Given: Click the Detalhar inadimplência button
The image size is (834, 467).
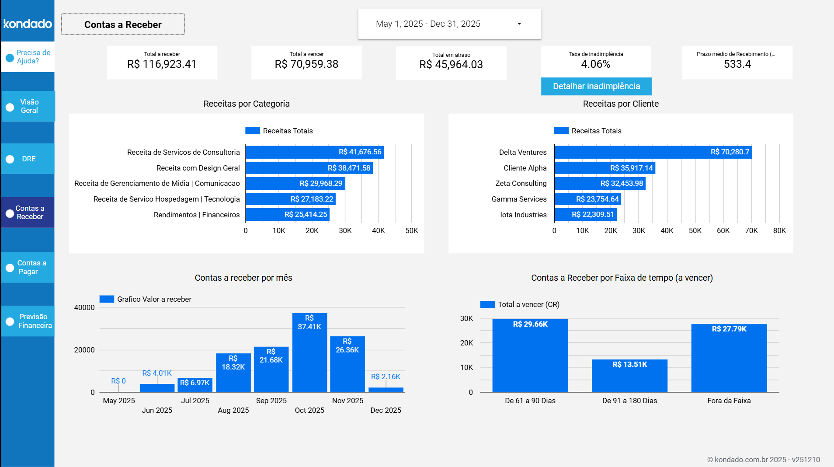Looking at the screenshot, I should (x=596, y=86).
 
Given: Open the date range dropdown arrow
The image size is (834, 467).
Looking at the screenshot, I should (x=519, y=24).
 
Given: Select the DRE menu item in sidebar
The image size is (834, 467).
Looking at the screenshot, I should (x=28, y=159).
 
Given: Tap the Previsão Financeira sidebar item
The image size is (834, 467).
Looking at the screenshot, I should (x=28, y=321).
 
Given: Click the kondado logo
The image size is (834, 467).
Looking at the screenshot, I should (x=28, y=24).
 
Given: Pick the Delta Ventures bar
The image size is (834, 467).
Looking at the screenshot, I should (x=653, y=152).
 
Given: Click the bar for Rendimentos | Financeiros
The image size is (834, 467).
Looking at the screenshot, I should (x=287, y=215).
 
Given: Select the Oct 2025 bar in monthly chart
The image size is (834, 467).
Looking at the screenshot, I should (x=309, y=352).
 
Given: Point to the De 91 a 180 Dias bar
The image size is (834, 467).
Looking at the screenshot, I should (x=629, y=376).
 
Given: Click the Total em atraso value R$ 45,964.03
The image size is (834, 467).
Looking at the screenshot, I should (x=451, y=65).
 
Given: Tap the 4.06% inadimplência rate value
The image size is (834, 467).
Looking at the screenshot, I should (x=596, y=64).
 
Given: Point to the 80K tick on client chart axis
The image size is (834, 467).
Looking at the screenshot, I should (x=779, y=230).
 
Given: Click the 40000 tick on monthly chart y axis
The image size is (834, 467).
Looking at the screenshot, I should (x=84, y=307).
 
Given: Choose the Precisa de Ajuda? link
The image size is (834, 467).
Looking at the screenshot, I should (x=33, y=57).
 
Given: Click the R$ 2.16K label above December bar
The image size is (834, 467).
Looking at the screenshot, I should (x=386, y=376).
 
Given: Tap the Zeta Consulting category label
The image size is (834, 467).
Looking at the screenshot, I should (x=521, y=183).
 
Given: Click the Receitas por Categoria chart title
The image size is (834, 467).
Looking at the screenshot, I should (x=247, y=104).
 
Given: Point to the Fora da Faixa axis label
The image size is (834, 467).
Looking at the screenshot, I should (x=729, y=401).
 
